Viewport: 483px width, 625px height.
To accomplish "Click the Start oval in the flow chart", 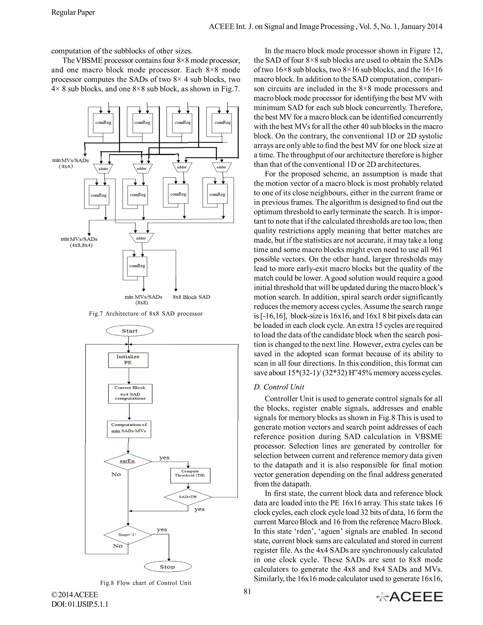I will pos(130,331).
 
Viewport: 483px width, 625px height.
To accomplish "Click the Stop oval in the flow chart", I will pos(167,567).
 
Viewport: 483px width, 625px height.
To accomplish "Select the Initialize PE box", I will pos(128,360).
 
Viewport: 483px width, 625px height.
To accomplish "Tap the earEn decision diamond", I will pos(128,461).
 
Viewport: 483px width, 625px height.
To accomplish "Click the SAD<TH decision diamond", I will pos(188,497).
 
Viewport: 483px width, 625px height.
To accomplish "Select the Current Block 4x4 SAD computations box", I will pos(130,393).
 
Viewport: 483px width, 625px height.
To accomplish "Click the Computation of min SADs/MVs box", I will pos(129,429).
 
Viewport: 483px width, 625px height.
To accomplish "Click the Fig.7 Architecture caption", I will pos(146,314).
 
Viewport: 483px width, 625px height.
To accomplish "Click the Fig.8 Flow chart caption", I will pos(146,583).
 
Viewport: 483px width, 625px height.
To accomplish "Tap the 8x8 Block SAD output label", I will pos(192,297).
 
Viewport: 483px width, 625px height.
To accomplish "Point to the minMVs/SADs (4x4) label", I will pos(70,163).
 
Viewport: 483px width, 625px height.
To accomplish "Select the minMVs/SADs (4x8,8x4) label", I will pos(79,242).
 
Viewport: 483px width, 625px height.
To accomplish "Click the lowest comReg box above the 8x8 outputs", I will pos(137,266).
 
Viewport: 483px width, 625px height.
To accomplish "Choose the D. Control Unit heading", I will pos(279,387).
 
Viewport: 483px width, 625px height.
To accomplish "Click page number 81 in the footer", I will pos(247,591).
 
